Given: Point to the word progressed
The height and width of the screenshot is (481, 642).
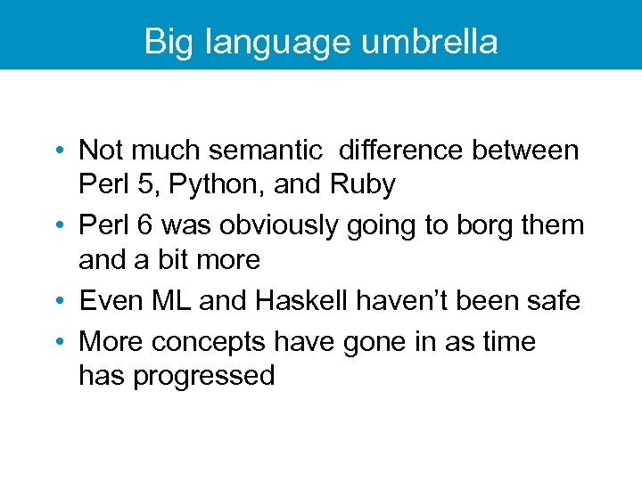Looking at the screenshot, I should pos(203,377).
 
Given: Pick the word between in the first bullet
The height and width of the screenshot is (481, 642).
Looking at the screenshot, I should pos(525,151).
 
